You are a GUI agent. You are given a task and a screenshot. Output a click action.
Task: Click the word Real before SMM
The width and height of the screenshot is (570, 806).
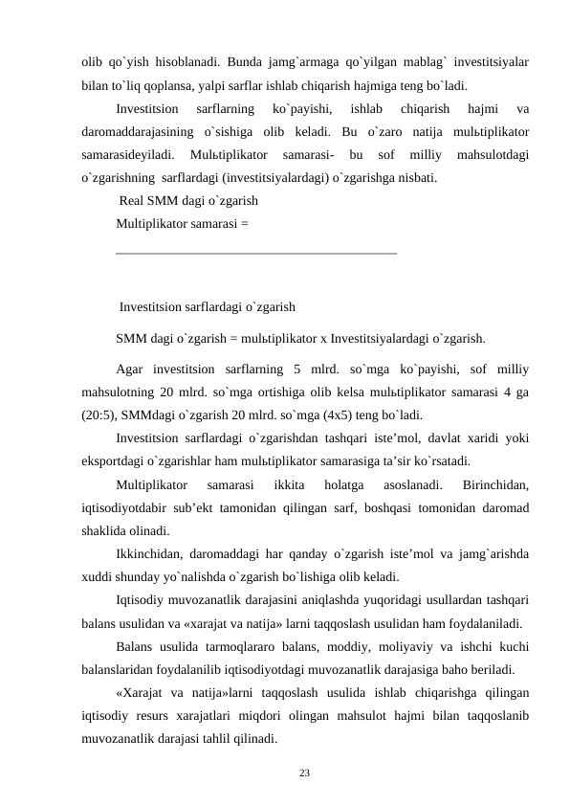(x=134, y=202)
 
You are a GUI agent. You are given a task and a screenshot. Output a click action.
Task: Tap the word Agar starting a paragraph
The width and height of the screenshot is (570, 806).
(x=131, y=369)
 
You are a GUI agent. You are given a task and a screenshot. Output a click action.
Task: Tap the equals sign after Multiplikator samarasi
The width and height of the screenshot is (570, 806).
(x=246, y=225)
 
